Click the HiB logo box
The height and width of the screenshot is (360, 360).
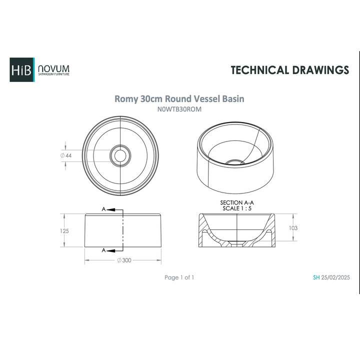pyautogui.click(x=21, y=70)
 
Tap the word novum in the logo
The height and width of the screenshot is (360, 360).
pyautogui.click(x=54, y=68)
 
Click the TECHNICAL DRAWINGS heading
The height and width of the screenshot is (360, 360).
pyautogui.click(x=289, y=70)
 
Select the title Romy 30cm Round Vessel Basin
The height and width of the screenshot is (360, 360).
pyautogui.click(x=179, y=99)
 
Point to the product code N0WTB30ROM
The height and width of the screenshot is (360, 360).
pyautogui.click(x=179, y=109)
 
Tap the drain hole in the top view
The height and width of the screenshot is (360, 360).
pyautogui.click(x=120, y=155)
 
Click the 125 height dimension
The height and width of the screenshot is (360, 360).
pyautogui.click(x=63, y=231)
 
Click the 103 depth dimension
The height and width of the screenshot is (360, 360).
pyautogui.click(x=293, y=228)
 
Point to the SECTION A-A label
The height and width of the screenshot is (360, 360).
pyautogui.click(x=237, y=202)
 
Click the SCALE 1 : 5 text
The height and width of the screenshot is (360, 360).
pyautogui.click(x=237, y=208)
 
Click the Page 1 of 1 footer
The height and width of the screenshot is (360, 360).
pyautogui.click(x=179, y=277)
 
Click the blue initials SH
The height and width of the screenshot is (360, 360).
pyautogui.click(x=316, y=277)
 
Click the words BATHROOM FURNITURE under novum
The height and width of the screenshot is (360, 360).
pyautogui.click(x=54, y=74)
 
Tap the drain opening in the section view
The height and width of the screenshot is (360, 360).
pyautogui.click(x=237, y=243)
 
